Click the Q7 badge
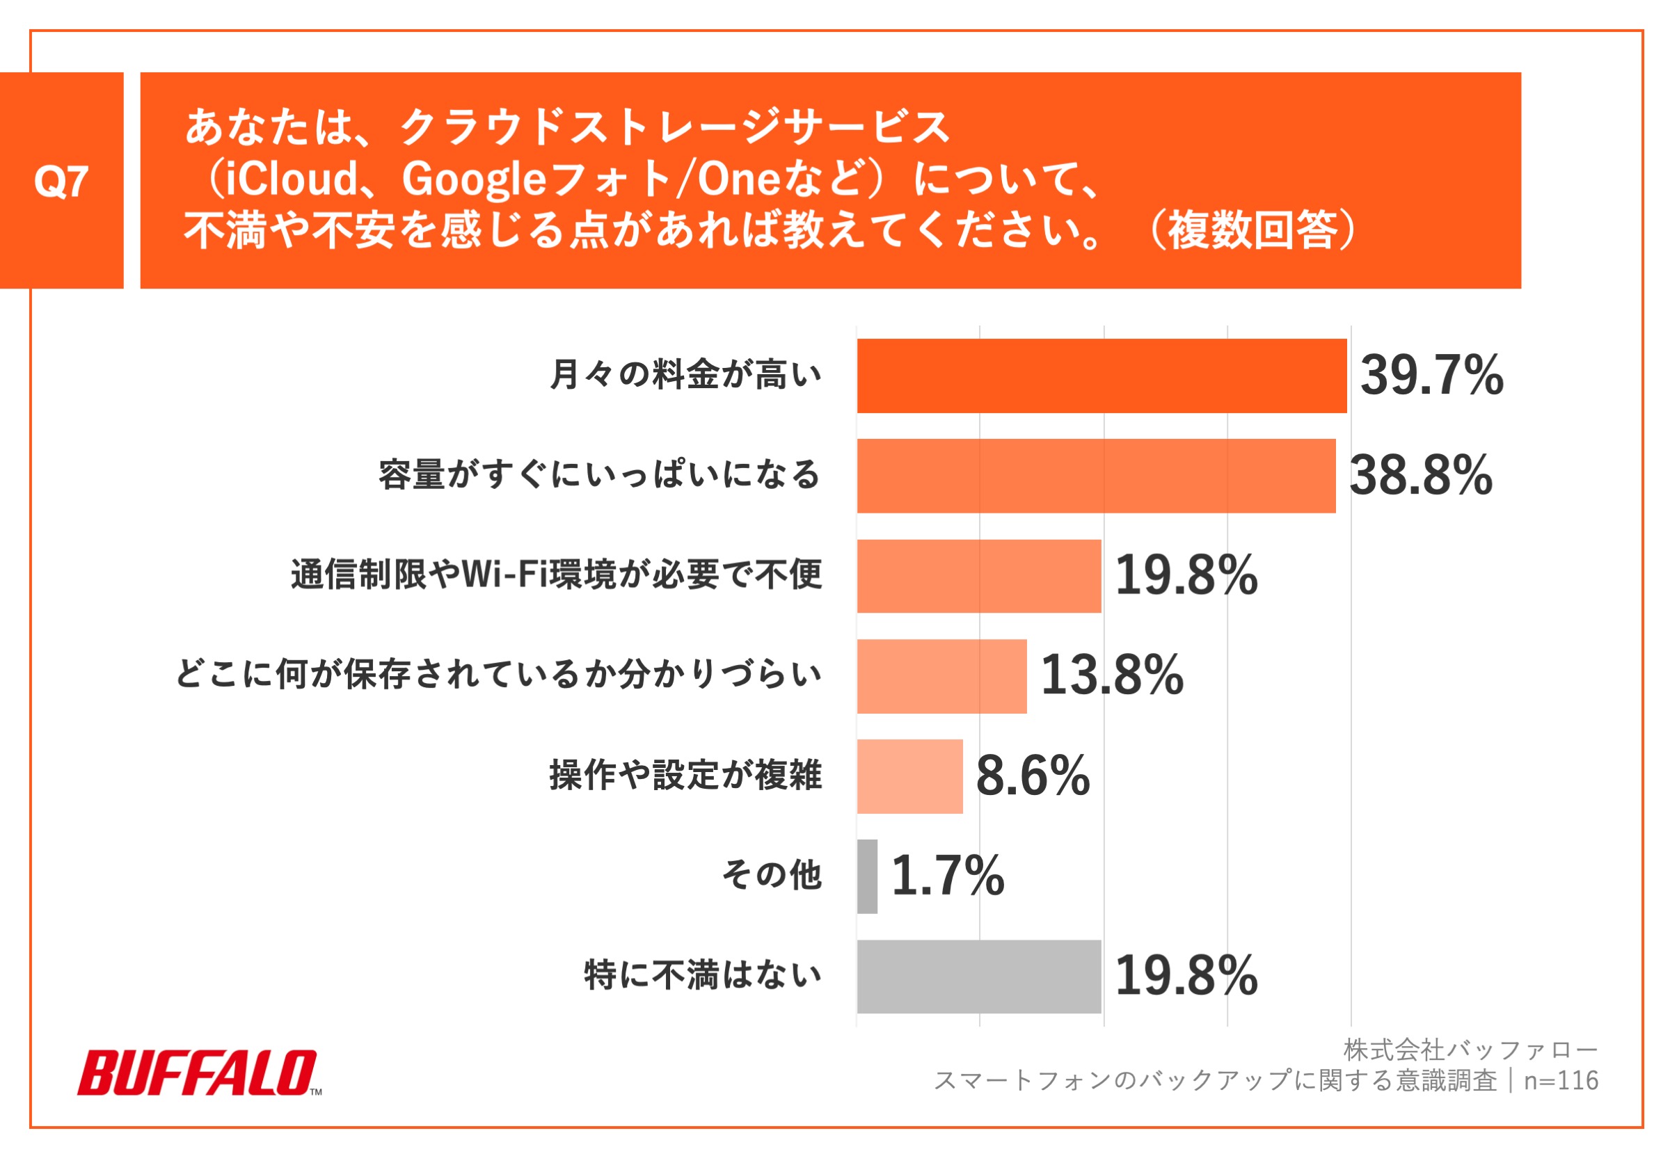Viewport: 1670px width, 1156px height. [x=62, y=181]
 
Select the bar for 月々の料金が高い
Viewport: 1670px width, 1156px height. [x=1102, y=376]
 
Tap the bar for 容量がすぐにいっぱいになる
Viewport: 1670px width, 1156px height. [x=1095, y=476]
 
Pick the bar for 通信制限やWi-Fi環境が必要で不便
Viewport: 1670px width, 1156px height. [x=979, y=576]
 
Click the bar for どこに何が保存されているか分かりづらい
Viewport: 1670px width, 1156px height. [x=942, y=676]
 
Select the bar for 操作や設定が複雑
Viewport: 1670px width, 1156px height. [x=910, y=776]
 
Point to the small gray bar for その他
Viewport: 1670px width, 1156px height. [x=867, y=876]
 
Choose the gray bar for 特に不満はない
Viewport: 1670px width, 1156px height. [x=979, y=977]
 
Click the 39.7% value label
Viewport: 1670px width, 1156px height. [x=1431, y=376]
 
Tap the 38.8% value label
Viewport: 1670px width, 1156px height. [x=1421, y=476]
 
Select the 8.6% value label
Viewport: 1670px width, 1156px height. [x=1033, y=776]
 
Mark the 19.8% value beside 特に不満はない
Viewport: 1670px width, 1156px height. [x=1186, y=976]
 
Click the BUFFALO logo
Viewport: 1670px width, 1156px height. [x=198, y=1073]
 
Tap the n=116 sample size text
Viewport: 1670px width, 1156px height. [x=1561, y=1081]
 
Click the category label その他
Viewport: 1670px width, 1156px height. [x=772, y=875]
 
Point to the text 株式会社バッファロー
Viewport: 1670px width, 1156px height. [x=1470, y=1050]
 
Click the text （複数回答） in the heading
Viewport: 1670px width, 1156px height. [x=1252, y=230]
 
